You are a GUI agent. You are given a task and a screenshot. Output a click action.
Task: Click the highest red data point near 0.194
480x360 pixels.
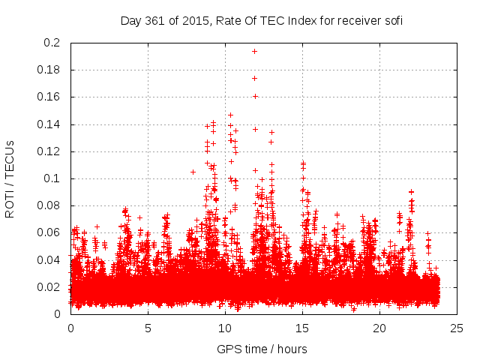254,51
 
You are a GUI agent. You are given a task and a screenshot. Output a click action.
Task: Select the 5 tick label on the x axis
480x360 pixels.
148,328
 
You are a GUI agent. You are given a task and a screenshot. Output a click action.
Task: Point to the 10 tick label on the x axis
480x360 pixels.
225,328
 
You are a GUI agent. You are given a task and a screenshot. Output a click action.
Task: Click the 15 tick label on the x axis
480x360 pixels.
302,328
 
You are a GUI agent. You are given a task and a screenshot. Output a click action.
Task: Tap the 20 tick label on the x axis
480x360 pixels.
380,328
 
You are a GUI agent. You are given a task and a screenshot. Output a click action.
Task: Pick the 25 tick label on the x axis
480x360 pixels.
457,328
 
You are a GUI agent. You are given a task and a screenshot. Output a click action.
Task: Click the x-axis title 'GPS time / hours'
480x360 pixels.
262,349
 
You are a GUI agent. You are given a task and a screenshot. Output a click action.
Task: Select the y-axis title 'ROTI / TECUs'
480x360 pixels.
10,178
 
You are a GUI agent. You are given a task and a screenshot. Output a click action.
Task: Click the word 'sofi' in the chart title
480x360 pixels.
393,20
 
